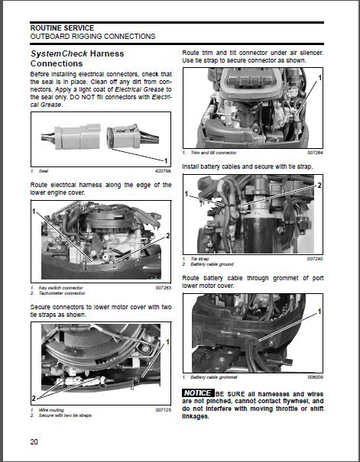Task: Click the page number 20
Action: pyautogui.click(x=35, y=442)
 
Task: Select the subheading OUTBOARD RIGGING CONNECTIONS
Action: pyautogui.click(x=92, y=36)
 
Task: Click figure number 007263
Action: pyautogui.click(x=163, y=288)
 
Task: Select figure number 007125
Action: pyautogui.click(x=163, y=409)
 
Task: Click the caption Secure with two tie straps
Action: pyautogui.click(x=69, y=415)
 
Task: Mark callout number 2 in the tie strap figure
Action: pyautogui.click(x=319, y=186)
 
